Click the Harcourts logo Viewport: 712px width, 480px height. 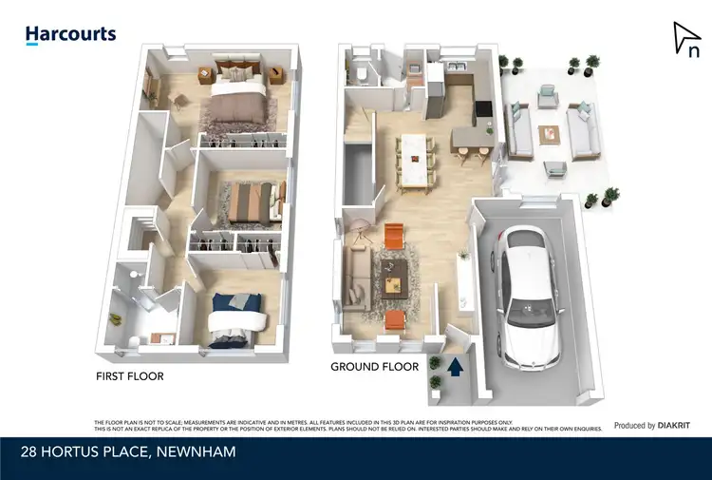click(x=70, y=35)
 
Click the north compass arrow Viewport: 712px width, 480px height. click(x=685, y=41)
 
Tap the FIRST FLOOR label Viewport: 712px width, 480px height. click(x=130, y=376)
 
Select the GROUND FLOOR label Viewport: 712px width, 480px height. click(x=374, y=366)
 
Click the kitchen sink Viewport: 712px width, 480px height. click(x=450, y=67)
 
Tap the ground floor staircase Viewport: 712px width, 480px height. click(x=360, y=177)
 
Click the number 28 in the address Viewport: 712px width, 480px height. click(x=35, y=451)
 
